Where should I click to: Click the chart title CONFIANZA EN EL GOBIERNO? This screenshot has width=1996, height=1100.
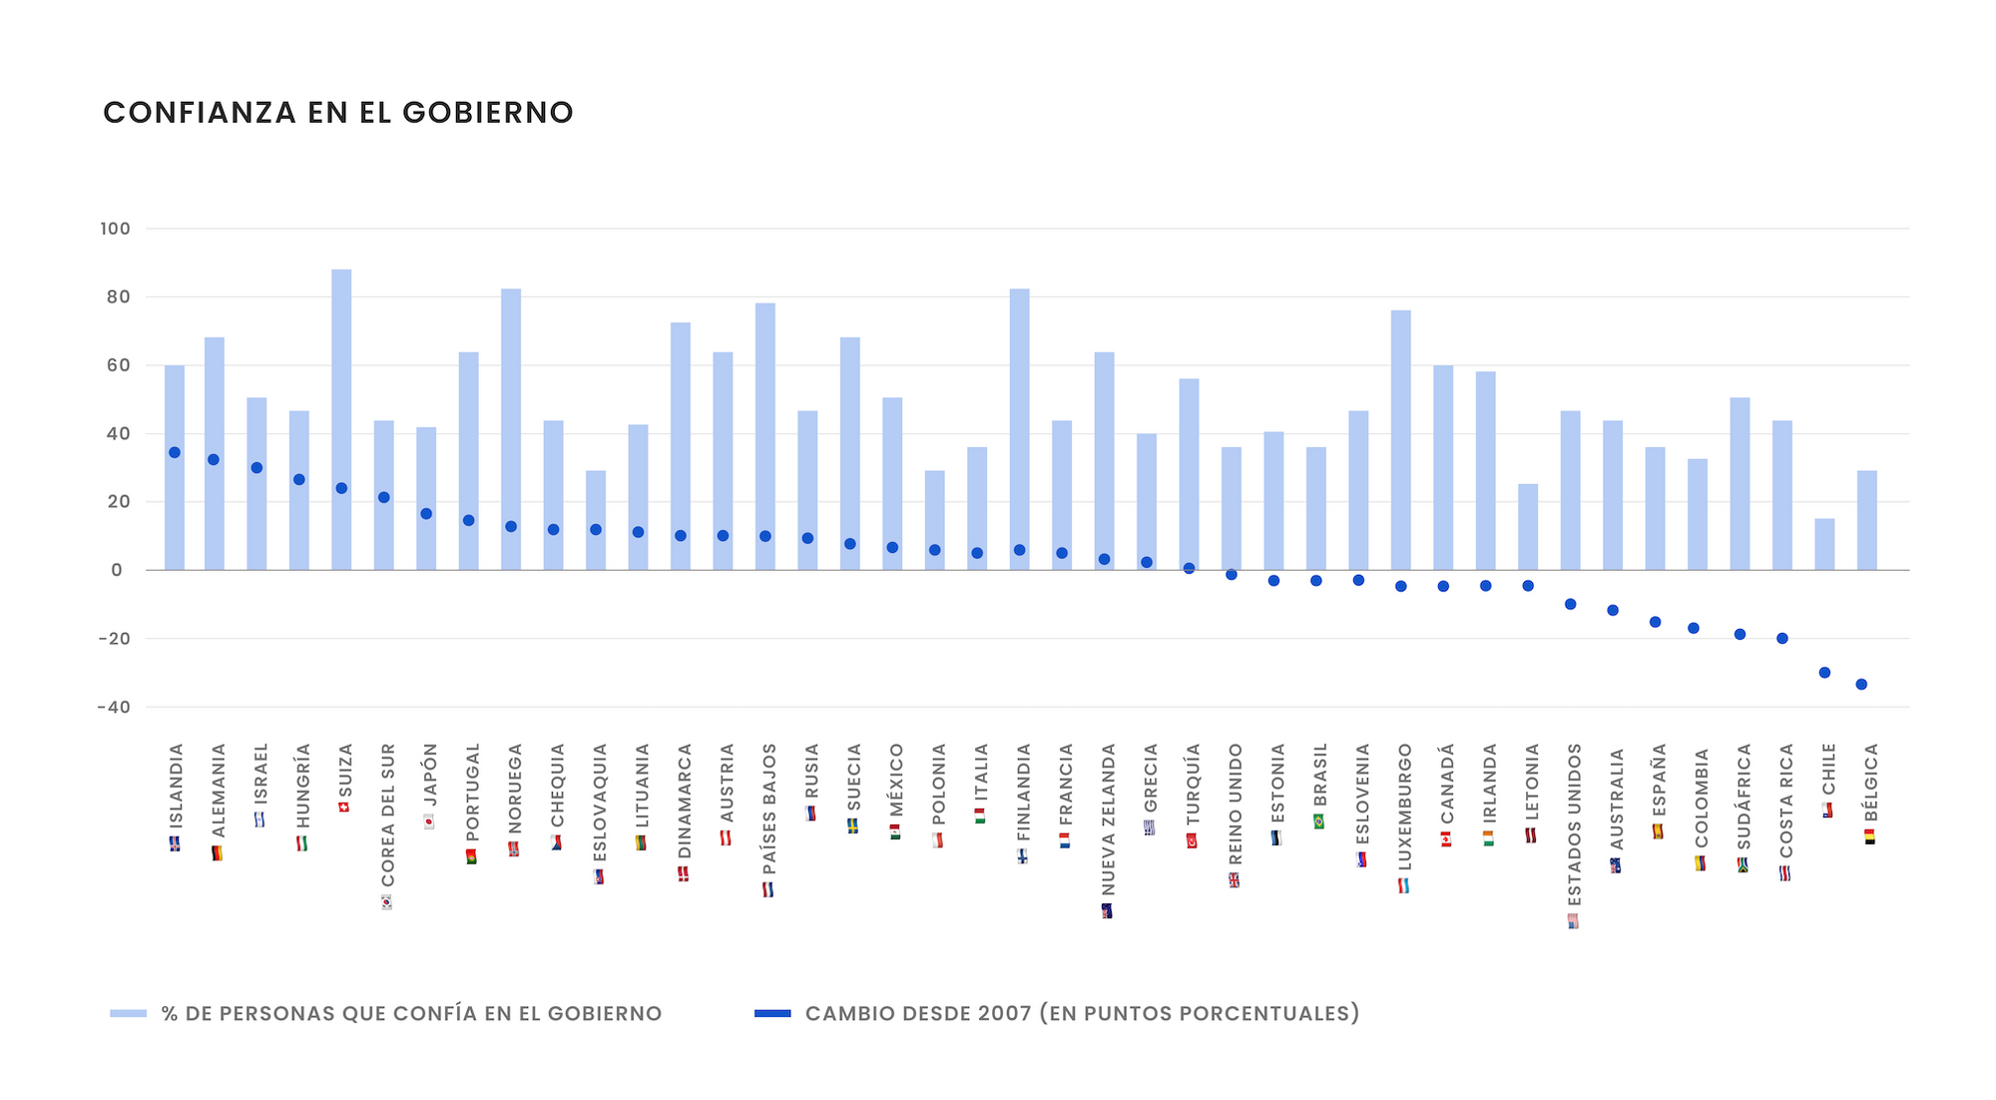pyautogui.click(x=338, y=113)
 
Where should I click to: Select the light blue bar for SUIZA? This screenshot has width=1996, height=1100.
pyautogui.click(x=341, y=419)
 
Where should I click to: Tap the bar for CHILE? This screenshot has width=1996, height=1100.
pyautogui.click(x=1824, y=545)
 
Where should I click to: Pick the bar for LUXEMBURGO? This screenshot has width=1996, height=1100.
pyautogui.click(x=1401, y=439)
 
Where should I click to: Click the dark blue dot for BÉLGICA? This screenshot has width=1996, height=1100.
pyautogui.click(x=1861, y=685)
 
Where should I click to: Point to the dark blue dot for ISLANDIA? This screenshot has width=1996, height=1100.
pyautogui.click(x=175, y=452)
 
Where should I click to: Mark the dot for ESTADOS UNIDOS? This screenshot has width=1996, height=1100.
pyautogui.click(x=1570, y=604)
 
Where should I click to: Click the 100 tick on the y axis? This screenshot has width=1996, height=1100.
pyautogui.click(x=115, y=229)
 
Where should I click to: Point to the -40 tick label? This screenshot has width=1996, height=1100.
pyautogui.click(x=114, y=708)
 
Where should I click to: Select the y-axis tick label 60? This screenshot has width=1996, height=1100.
pyautogui.click(x=118, y=365)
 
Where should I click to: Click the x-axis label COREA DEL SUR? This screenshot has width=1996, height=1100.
pyautogui.click(x=388, y=815)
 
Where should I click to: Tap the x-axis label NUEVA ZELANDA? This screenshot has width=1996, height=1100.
pyautogui.click(x=1108, y=819)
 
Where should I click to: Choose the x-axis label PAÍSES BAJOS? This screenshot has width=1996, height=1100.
pyautogui.click(x=769, y=809)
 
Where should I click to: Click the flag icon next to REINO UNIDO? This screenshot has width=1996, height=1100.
pyautogui.click(x=1235, y=880)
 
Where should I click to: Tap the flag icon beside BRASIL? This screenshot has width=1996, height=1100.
pyautogui.click(x=1319, y=822)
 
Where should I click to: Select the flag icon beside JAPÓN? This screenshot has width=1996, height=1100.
pyautogui.click(x=429, y=822)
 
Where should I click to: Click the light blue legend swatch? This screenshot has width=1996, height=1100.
pyautogui.click(x=128, y=1013)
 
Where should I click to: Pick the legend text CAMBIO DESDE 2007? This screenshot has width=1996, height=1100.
pyautogui.click(x=1082, y=1013)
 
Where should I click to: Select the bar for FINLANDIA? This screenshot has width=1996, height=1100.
pyautogui.click(x=1020, y=429)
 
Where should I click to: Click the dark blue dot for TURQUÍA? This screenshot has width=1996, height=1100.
pyautogui.click(x=1189, y=568)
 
